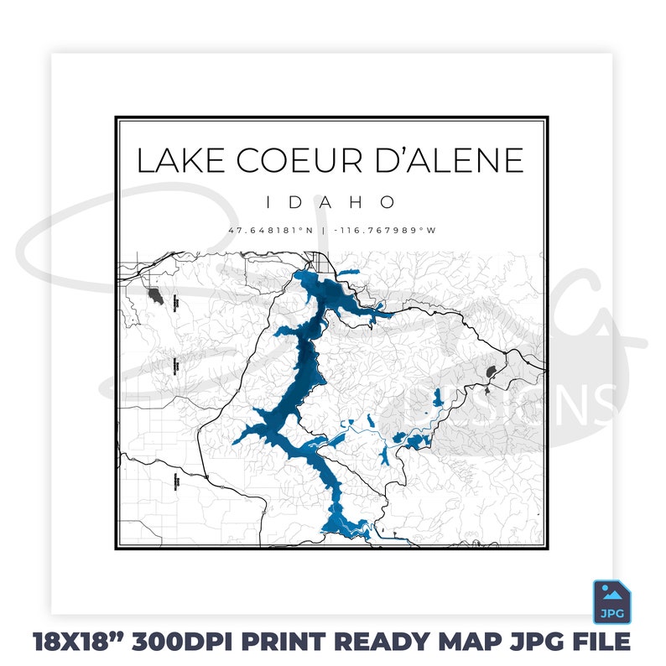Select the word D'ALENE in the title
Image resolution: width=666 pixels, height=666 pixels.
pyautogui.click(x=453, y=160)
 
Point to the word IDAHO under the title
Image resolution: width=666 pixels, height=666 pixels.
pyautogui.click(x=330, y=202)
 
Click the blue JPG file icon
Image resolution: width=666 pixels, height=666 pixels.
pyautogui.click(x=612, y=601)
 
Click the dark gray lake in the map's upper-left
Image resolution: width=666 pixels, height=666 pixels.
pyautogui.click(x=153, y=294)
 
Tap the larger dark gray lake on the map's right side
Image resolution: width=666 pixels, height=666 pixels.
pyautogui.click(x=491, y=372)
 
